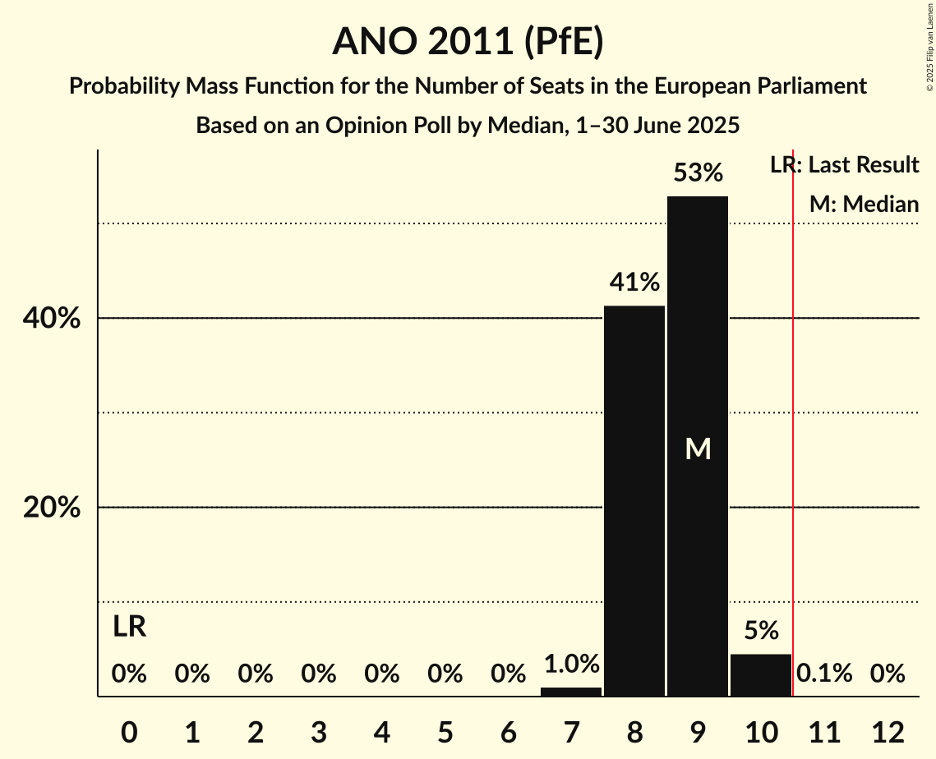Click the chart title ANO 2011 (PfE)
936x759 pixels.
click(x=468, y=41)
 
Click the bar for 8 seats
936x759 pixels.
click(x=634, y=501)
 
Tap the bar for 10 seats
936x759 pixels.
click(x=761, y=675)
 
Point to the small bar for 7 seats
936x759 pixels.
click(x=571, y=692)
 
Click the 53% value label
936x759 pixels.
click(x=698, y=173)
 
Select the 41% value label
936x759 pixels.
click(x=634, y=283)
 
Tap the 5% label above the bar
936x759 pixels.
click(x=761, y=631)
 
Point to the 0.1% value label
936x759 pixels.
click(x=824, y=674)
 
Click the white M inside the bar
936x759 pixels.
click(x=698, y=448)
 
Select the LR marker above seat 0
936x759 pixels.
click(x=129, y=627)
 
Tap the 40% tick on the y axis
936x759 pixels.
click(x=52, y=319)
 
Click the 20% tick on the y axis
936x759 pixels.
click(x=52, y=508)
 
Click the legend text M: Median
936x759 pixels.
click(x=864, y=204)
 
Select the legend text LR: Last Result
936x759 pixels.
click(x=844, y=165)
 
